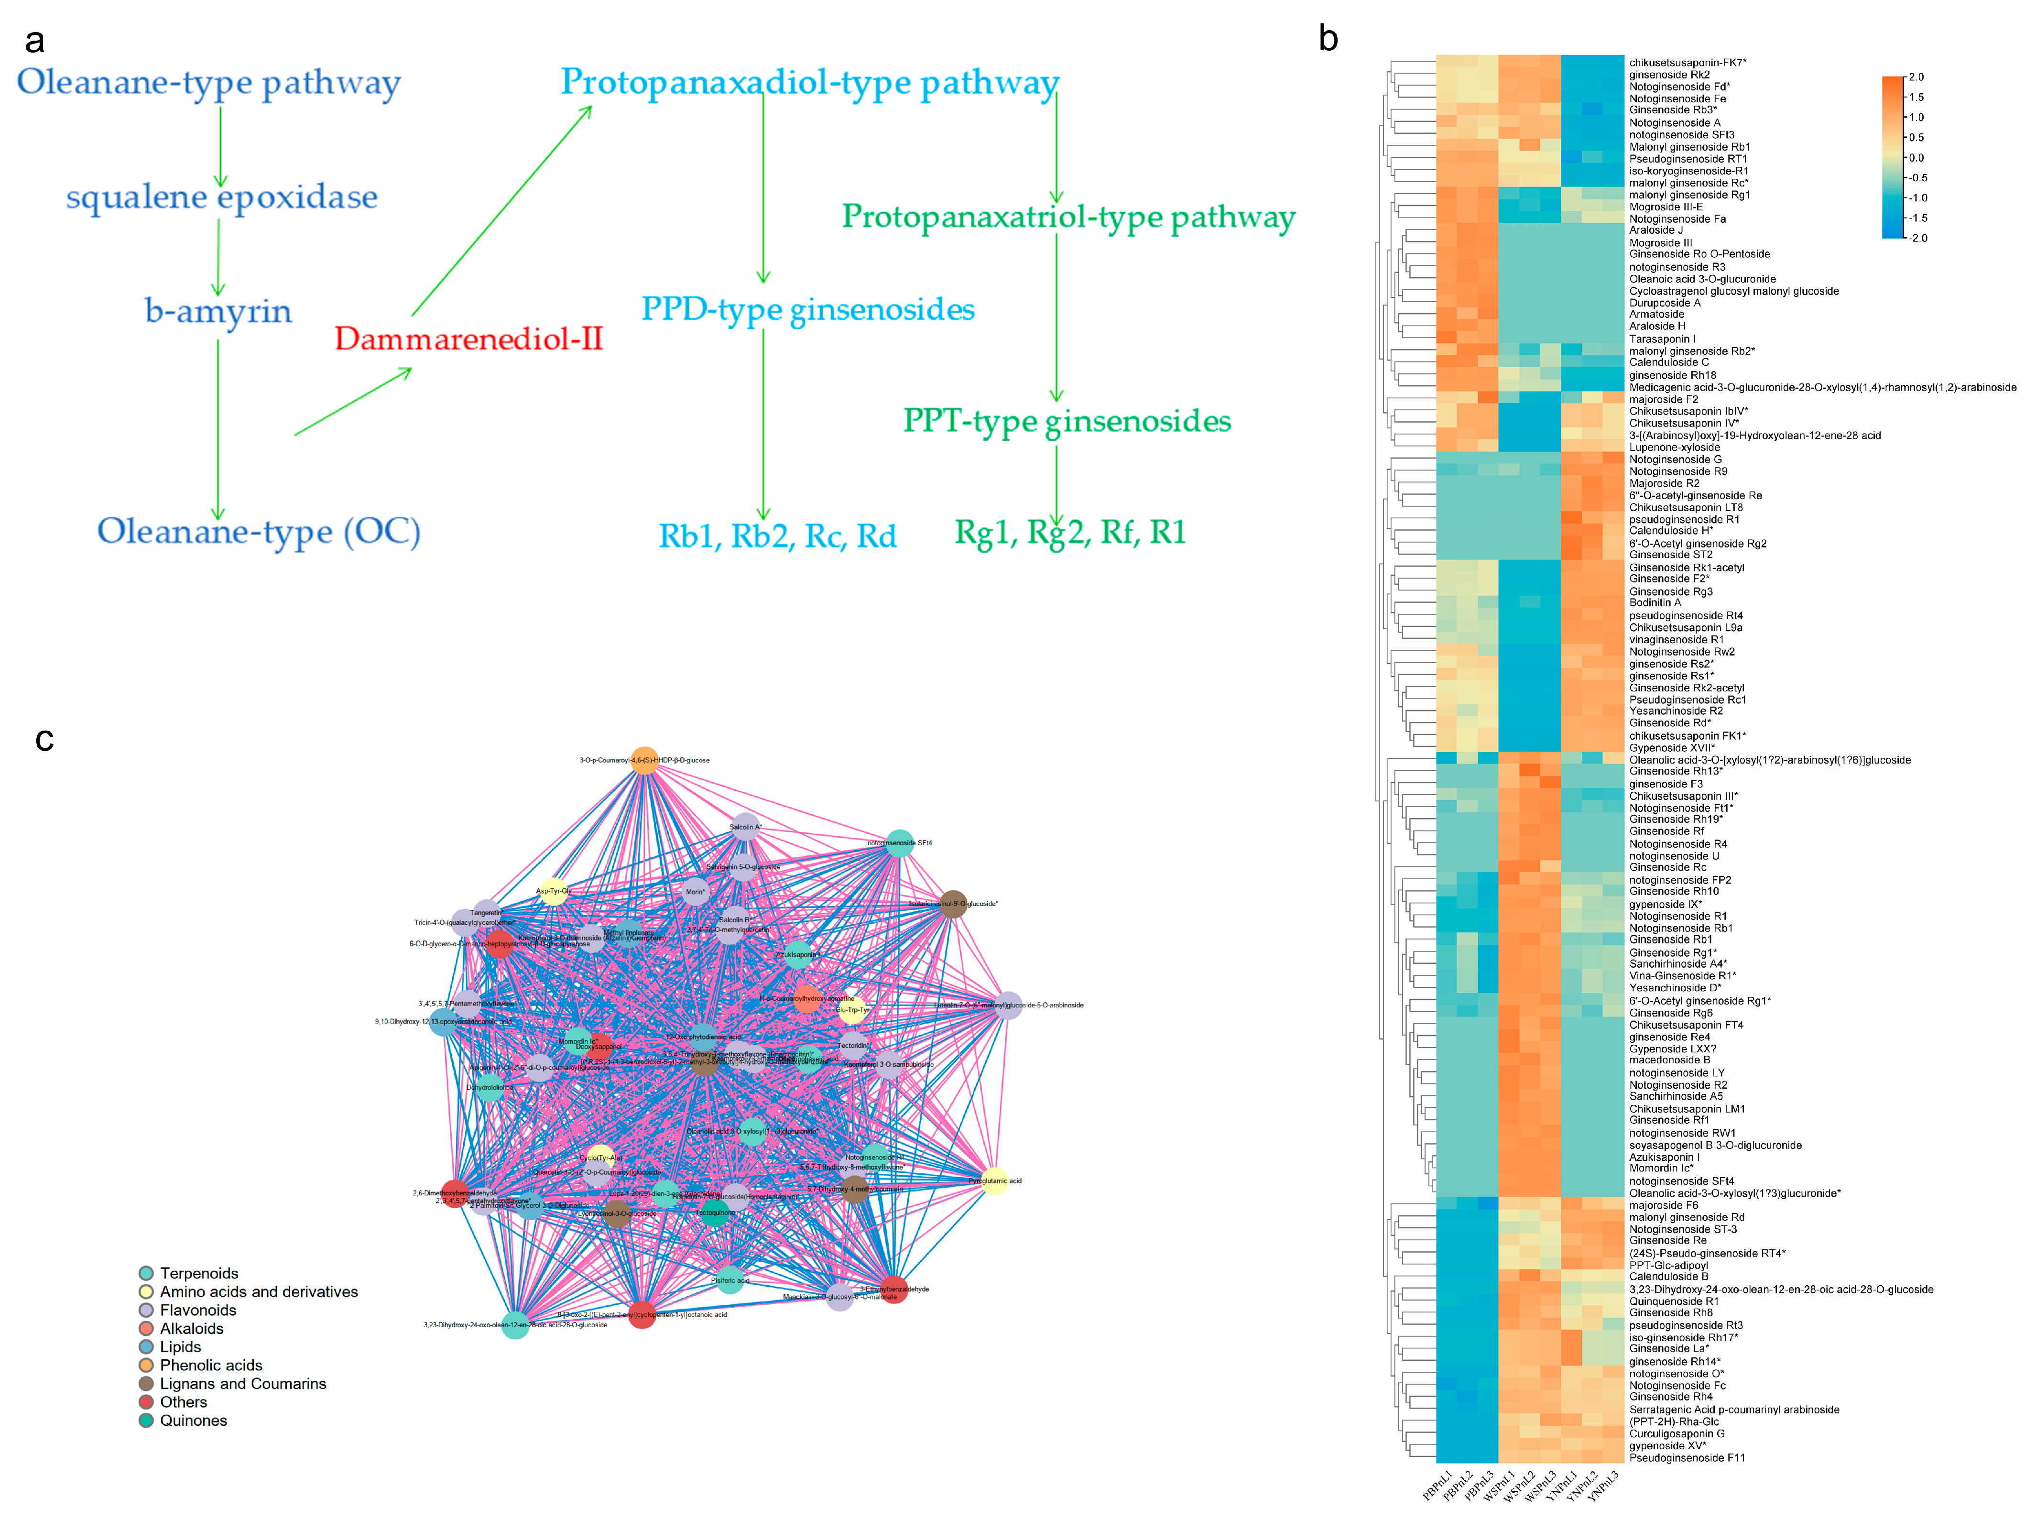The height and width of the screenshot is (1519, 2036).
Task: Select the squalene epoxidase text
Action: [221, 197]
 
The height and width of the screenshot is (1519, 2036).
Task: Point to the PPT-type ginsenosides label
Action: [1066, 421]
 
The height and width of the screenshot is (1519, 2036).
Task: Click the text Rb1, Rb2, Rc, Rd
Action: [777, 536]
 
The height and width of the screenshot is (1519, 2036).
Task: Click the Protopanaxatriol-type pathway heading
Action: [1068, 217]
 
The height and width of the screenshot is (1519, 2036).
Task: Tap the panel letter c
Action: [44, 739]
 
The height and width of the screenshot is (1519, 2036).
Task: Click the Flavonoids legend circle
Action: [146, 1310]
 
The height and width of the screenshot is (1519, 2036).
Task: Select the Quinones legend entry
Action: [193, 1421]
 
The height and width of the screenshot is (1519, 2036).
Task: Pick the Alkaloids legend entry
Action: [191, 1329]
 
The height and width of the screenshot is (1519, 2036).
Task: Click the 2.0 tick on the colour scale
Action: [1916, 77]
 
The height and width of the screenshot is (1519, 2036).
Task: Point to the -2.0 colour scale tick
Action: [1917, 238]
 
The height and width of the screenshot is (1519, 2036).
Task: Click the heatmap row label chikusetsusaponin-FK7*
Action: [1687, 63]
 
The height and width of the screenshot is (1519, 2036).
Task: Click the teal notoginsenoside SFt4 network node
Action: [900, 843]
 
